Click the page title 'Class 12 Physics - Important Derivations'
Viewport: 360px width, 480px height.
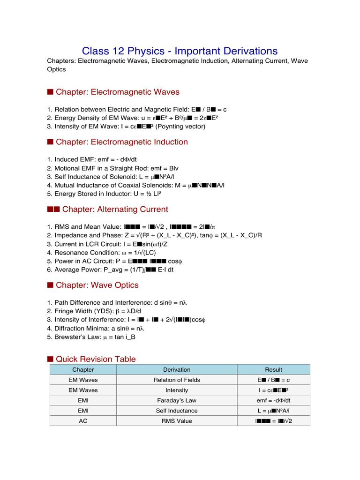[180, 51]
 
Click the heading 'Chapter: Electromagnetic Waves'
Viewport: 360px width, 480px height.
[117, 92]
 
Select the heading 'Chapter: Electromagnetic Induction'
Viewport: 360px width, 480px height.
[121, 142]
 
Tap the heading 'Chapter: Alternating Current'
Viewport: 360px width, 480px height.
[115, 209]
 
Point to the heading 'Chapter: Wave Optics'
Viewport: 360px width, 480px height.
[97, 285]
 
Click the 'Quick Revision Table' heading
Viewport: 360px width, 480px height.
[96, 359]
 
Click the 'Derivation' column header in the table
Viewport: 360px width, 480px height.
[177, 370]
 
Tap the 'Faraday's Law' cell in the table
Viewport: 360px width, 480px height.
[177, 400]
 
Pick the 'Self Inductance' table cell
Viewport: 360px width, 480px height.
[177, 411]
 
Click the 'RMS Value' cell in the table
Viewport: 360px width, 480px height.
[177, 421]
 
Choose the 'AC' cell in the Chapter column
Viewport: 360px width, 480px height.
[83, 421]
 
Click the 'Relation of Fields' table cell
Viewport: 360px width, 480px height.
[177, 380]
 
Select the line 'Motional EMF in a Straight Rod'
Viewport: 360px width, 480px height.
[112, 168]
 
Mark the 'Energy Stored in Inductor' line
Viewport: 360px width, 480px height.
[105, 194]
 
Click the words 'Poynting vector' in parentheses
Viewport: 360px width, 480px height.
[183, 126]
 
